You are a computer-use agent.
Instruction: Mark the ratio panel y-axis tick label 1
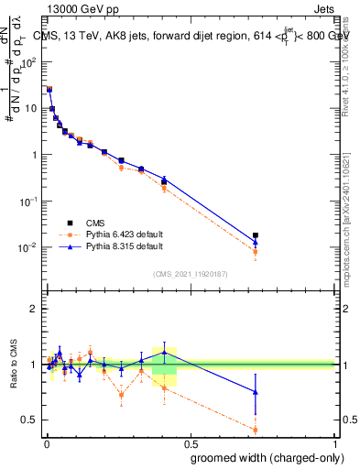click(x=33, y=365)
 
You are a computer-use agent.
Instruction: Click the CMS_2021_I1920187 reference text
click(x=190, y=274)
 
